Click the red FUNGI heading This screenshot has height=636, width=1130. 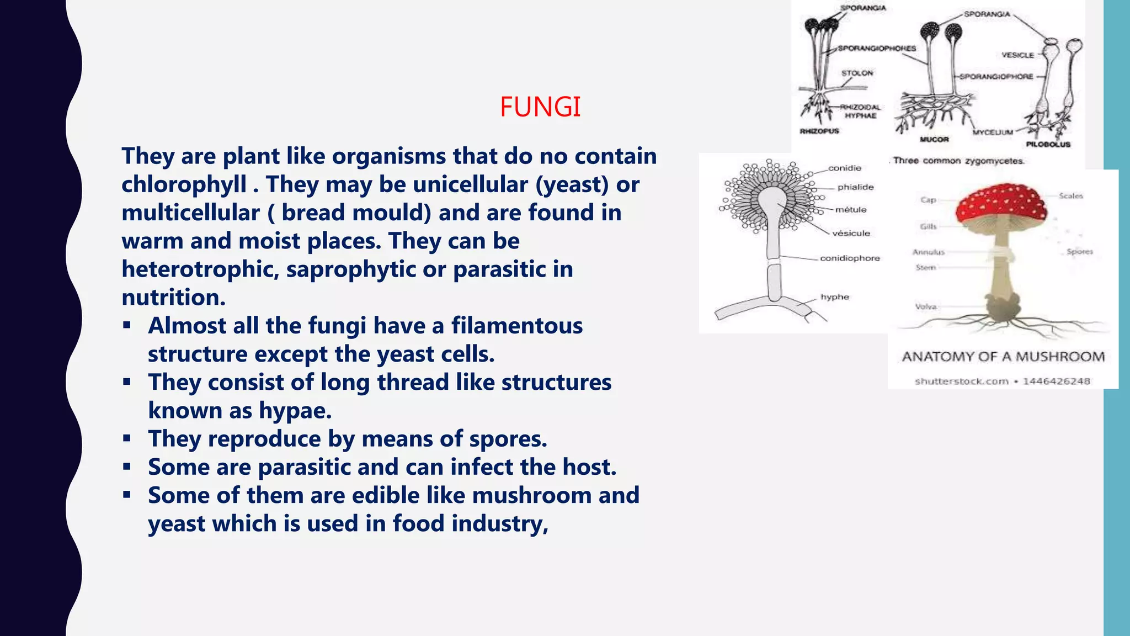pos(540,107)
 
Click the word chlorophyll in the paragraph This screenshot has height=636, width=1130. pos(184,184)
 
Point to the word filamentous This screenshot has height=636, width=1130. pos(516,326)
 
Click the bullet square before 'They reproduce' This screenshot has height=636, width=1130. pos(127,439)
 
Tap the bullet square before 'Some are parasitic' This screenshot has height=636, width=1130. pos(127,467)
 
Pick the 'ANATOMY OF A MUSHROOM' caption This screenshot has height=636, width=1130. pos(1003,357)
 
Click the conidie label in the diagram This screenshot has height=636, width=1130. pos(845,168)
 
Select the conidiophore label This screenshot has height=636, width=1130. pos(850,258)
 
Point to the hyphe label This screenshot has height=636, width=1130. pos(835,297)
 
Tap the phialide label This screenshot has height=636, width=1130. pos(855,187)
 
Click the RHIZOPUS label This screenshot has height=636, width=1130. pos(819,131)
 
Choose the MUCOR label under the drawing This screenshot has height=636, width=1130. pos(934,139)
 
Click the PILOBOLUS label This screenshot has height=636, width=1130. pos(1048,144)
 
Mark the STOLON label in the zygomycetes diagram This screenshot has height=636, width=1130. pos(857,73)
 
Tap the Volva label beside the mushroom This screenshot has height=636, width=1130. pos(926,306)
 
